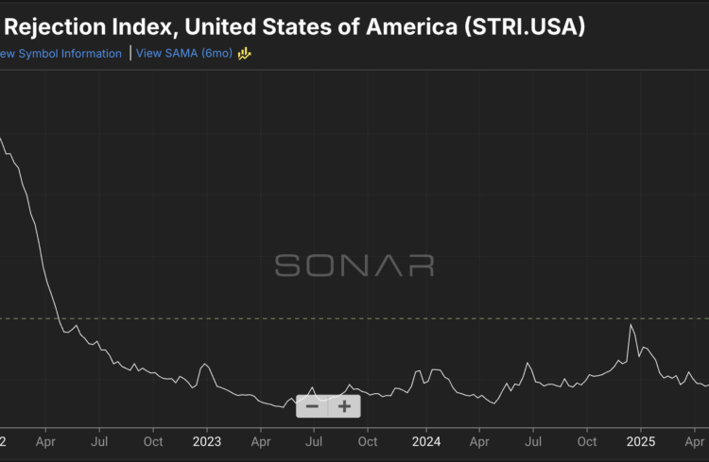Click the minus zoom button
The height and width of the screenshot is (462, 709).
pyautogui.click(x=313, y=406)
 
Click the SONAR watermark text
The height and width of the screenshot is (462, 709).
pyautogui.click(x=354, y=265)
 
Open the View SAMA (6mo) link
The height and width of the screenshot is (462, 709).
pyautogui.click(x=184, y=53)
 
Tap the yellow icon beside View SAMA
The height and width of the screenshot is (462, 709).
pyautogui.click(x=244, y=53)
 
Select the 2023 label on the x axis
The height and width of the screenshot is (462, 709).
pyautogui.click(x=206, y=441)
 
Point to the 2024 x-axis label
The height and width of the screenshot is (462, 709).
pyautogui.click(x=426, y=441)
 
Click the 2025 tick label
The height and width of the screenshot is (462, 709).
pyautogui.click(x=641, y=441)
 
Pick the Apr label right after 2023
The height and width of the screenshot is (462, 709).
pyautogui.click(x=262, y=441)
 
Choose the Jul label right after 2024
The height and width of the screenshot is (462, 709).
pyautogui.click(x=533, y=441)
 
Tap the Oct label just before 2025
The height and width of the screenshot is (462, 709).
pyautogui.click(x=587, y=441)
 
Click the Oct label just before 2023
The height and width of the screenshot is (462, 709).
pyautogui.click(x=153, y=441)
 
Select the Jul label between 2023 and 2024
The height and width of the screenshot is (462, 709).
pyautogui.click(x=315, y=441)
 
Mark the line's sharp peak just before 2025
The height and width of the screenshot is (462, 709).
pyautogui.click(x=631, y=325)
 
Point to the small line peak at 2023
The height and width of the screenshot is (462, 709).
pyautogui.click(x=204, y=365)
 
